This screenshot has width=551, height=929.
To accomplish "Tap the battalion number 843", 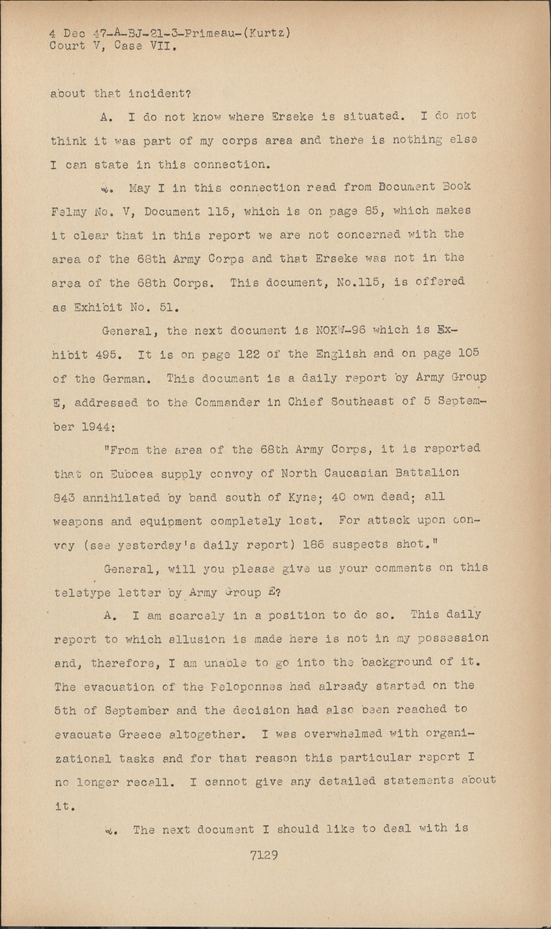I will pyautogui.click(x=64, y=498).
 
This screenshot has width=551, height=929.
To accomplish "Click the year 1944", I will pyautogui.click(x=96, y=426).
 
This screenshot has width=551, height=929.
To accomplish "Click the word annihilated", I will pyautogui.click(x=121, y=498).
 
